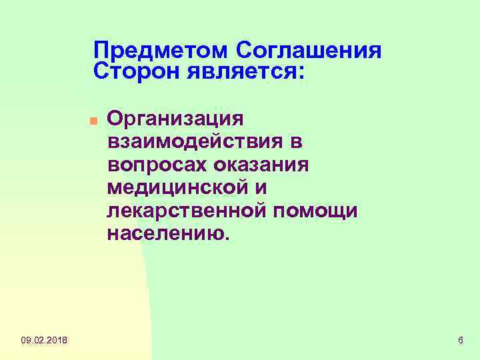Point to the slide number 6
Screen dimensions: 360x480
[x=461, y=341]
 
